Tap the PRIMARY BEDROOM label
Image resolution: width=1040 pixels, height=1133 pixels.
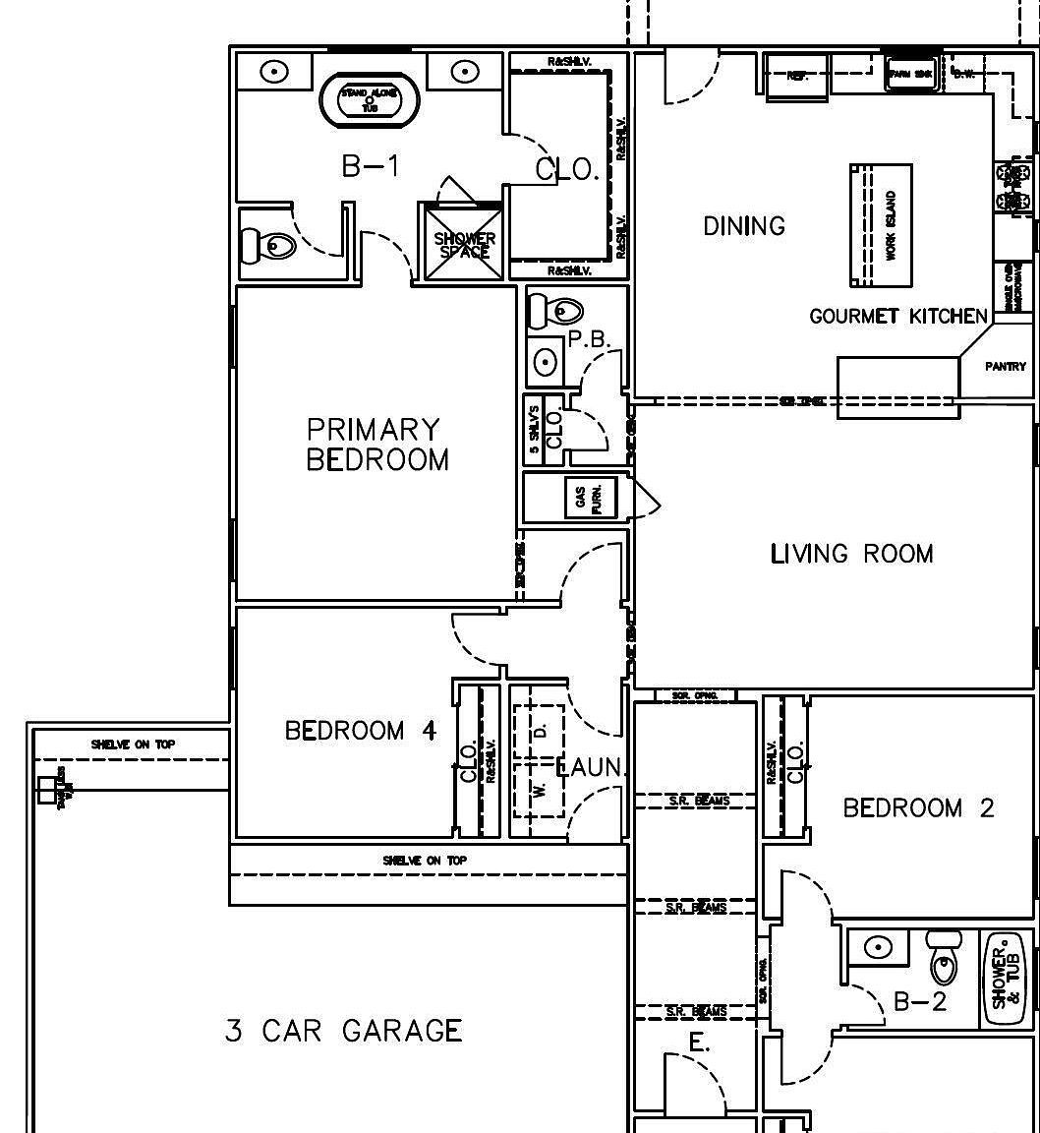click(377, 445)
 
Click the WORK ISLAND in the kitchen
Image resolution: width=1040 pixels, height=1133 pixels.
click(882, 226)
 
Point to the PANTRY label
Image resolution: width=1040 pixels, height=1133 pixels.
click(1006, 367)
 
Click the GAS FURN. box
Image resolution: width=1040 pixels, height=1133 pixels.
click(589, 499)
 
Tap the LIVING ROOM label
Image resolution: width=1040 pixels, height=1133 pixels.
click(851, 554)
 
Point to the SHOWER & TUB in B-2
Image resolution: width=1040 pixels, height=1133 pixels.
click(1006, 978)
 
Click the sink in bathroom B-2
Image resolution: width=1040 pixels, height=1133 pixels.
click(878, 947)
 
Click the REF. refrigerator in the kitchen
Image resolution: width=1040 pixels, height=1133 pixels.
click(797, 75)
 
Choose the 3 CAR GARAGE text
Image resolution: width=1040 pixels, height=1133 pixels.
click(343, 1031)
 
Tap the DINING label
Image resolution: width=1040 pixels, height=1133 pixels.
click(744, 226)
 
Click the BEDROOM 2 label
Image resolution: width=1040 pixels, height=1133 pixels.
click(918, 808)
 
